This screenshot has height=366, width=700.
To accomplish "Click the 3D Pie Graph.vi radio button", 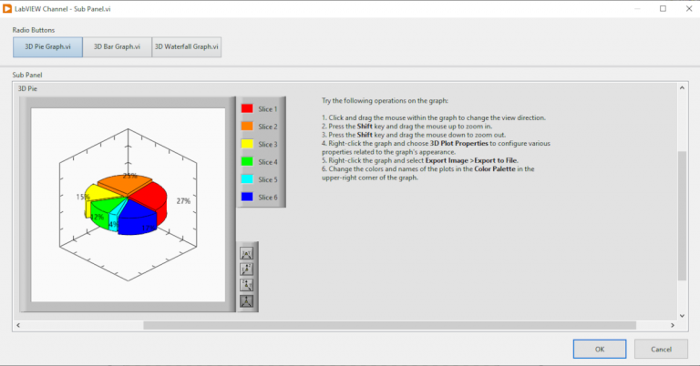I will [47, 47].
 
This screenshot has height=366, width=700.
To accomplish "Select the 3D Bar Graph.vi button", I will [117, 47].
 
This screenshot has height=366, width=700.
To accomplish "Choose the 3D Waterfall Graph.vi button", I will [187, 47].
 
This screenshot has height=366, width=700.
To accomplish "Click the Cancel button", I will [660, 349].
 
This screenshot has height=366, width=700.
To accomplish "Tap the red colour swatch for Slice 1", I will [247, 108].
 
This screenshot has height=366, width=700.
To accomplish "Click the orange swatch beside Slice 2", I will [247, 127].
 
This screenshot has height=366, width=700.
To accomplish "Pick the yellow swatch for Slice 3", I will [247, 144].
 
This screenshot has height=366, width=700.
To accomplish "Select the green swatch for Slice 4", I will [247, 161].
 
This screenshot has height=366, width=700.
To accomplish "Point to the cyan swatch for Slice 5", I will [247, 179].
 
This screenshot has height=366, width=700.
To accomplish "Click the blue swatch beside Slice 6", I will [247, 197].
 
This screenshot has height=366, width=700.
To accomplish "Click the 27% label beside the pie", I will [183, 200].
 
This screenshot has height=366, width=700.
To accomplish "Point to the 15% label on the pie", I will [83, 197].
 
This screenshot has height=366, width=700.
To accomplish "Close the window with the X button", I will [686, 8].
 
